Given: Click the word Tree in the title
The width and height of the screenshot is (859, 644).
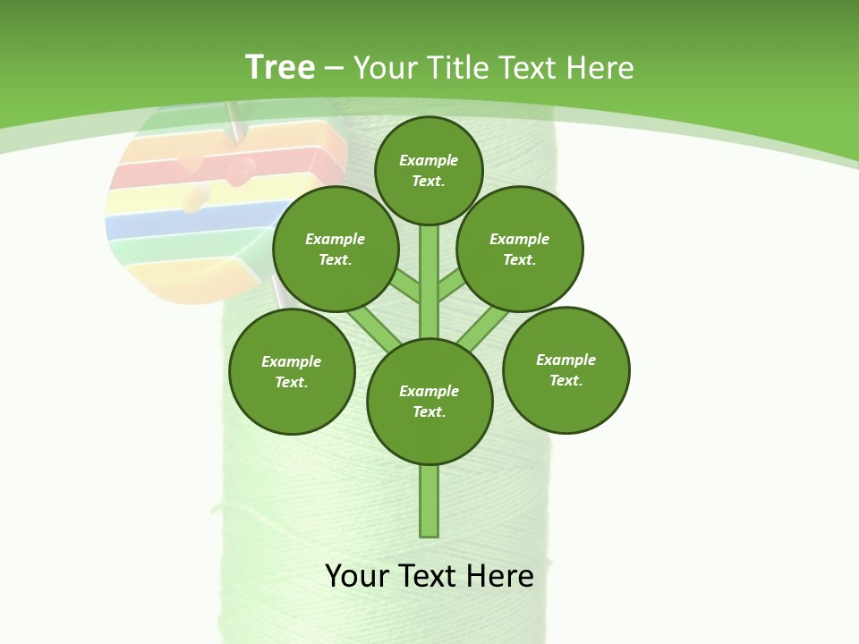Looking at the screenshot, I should click(x=279, y=68).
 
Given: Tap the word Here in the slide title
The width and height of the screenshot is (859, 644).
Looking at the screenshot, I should click(x=600, y=68).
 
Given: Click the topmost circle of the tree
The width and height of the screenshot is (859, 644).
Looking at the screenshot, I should click(x=429, y=170).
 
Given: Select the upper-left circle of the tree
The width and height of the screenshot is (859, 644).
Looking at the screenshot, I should click(x=336, y=249).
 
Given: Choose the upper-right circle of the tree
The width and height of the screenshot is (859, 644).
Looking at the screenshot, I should click(x=520, y=249).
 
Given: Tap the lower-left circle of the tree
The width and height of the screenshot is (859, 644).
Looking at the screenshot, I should click(x=292, y=371).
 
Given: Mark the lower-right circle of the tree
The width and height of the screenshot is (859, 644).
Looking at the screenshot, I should click(x=566, y=369).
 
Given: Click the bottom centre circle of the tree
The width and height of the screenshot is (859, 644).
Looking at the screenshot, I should click(x=429, y=401).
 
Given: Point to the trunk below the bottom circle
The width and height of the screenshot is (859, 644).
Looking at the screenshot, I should click(x=429, y=501).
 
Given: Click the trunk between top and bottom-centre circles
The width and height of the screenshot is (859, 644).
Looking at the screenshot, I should click(x=429, y=282).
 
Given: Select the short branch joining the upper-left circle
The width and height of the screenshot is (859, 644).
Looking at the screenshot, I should click(x=405, y=284).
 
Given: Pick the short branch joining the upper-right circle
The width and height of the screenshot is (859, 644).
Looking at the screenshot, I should click(x=452, y=284).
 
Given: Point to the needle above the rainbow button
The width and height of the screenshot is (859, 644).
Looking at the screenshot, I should click(x=235, y=121).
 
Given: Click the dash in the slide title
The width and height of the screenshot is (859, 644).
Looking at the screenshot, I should click(x=334, y=68).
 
